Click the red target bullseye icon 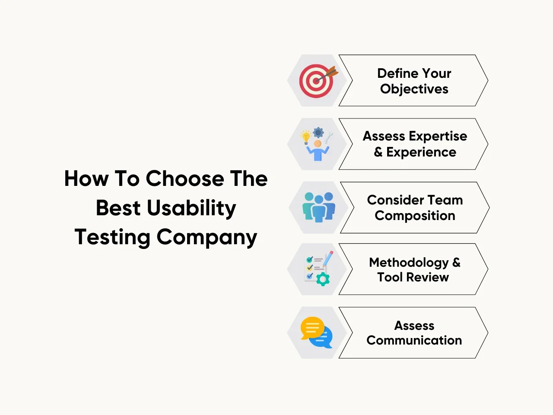(316, 81)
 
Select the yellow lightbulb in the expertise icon (306, 137)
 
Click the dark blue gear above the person (318, 133)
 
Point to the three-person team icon (319, 207)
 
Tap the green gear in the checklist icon (323, 279)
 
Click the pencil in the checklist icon (328, 259)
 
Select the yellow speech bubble (312, 328)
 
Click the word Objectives (414, 89)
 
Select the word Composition (415, 216)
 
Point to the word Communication (414, 340)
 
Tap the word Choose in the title (185, 179)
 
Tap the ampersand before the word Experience (378, 152)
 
